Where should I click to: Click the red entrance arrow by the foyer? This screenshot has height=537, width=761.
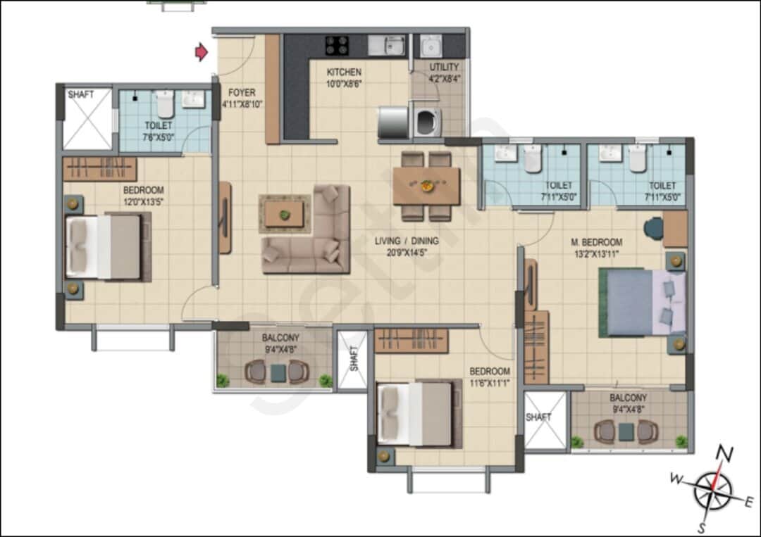pos(202,51)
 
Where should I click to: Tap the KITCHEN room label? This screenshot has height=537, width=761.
pos(344,72)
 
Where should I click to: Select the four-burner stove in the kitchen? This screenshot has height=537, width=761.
pos(337,45)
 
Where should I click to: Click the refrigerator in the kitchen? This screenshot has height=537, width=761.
pos(392,122)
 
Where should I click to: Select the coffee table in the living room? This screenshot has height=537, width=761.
pos(285,214)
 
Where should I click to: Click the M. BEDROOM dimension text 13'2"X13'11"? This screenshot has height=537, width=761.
pos(596,254)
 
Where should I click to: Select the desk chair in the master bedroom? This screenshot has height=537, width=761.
pos(653,228)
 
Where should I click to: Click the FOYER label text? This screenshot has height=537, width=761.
pos(242,93)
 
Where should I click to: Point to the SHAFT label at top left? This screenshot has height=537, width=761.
pos(80,94)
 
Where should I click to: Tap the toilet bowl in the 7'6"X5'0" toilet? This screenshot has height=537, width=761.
pos(164,104)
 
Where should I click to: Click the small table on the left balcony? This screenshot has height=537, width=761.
pos(278,372)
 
